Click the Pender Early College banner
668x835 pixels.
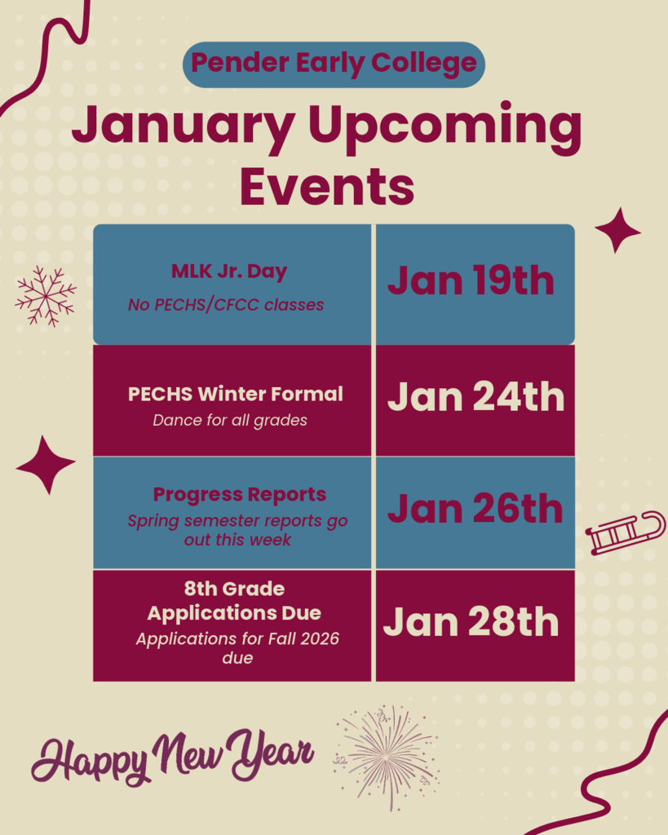click(334, 64)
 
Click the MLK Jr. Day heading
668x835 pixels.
click(229, 272)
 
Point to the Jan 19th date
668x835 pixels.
click(471, 281)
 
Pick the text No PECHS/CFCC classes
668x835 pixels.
click(226, 305)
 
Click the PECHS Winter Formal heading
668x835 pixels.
click(235, 395)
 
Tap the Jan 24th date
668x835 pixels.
click(476, 397)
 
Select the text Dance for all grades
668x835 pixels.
click(230, 421)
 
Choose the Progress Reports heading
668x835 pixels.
click(240, 494)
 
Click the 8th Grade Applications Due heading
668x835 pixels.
click(234, 600)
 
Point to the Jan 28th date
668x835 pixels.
click(471, 622)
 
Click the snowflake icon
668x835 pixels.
click(46, 295)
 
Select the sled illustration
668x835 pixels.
click(625, 534)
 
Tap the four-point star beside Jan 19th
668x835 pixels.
click(617, 230)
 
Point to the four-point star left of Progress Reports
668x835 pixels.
click(46, 465)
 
